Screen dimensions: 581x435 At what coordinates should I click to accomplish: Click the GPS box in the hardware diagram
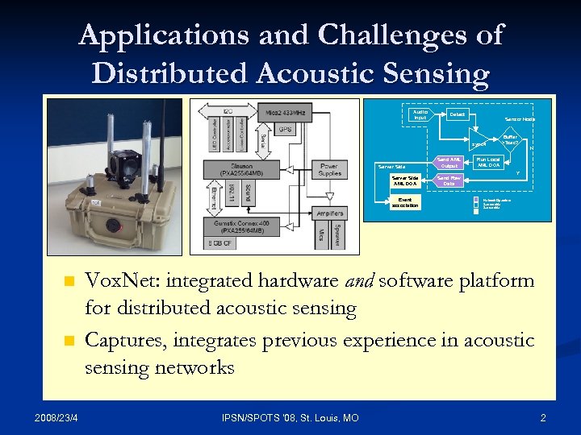pyautogui.click(x=285, y=129)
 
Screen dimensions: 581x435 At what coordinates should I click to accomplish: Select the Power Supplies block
pyautogui.click(x=329, y=170)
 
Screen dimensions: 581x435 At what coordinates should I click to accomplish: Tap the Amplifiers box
pyautogui.click(x=330, y=213)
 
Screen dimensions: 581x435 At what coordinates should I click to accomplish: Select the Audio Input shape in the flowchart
pyautogui.click(x=420, y=115)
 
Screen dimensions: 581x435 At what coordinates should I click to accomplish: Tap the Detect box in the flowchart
pyautogui.click(x=458, y=114)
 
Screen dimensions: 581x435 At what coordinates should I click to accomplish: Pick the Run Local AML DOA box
pyautogui.click(x=488, y=162)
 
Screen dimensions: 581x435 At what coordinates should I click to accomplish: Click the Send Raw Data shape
pyautogui.click(x=449, y=180)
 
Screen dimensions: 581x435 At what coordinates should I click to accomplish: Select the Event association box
pyautogui.click(x=404, y=202)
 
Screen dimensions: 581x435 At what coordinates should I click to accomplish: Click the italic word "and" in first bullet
pyautogui.click(x=359, y=280)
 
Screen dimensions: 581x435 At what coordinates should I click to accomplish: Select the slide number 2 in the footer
pyautogui.click(x=543, y=417)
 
